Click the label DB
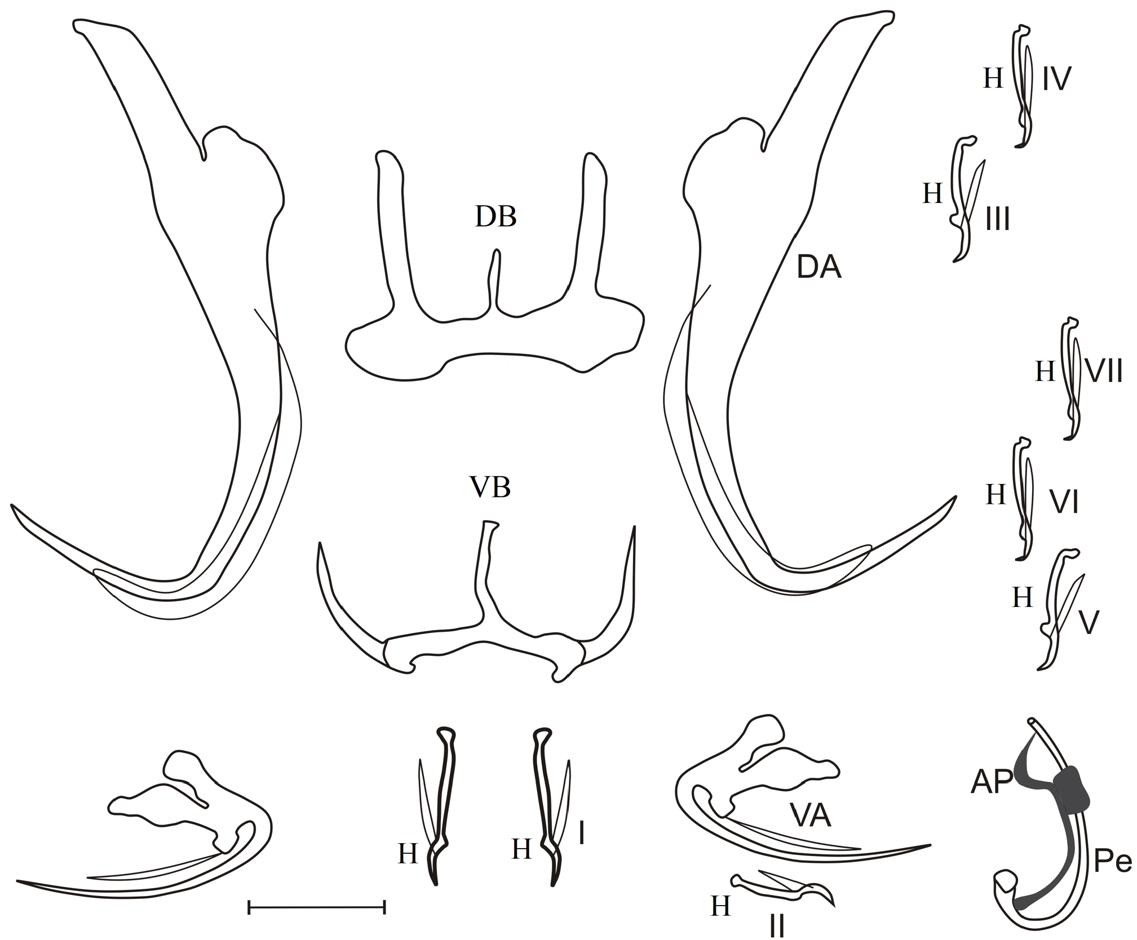tap(495, 216)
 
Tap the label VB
tap(490, 487)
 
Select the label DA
tap(819, 268)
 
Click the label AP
tap(992, 783)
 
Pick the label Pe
tap(1113, 863)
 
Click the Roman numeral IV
tap(1056, 79)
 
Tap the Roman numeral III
tap(997, 219)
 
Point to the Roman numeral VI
tap(1064, 502)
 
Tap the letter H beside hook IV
tap(993, 79)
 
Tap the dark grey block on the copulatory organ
tap(1070, 789)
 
